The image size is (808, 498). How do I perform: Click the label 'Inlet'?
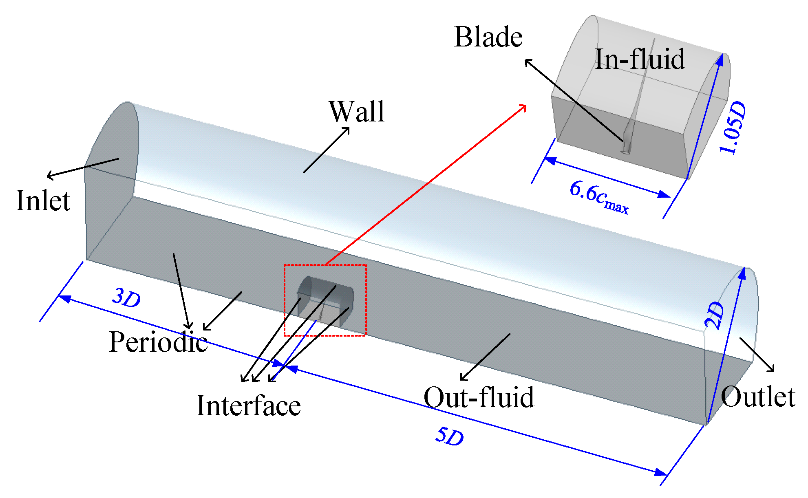point(43,201)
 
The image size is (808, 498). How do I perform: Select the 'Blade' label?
point(488,37)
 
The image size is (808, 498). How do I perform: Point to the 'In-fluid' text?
point(639,59)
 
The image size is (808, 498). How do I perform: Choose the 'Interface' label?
point(248,405)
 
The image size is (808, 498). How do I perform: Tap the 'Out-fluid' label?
point(479,397)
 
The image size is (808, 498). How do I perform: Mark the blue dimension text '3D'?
point(126,298)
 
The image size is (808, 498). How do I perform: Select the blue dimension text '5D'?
point(449,436)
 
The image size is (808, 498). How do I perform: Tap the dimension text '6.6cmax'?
point(598,197)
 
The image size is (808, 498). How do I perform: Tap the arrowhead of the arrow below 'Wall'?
point(347,130)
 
